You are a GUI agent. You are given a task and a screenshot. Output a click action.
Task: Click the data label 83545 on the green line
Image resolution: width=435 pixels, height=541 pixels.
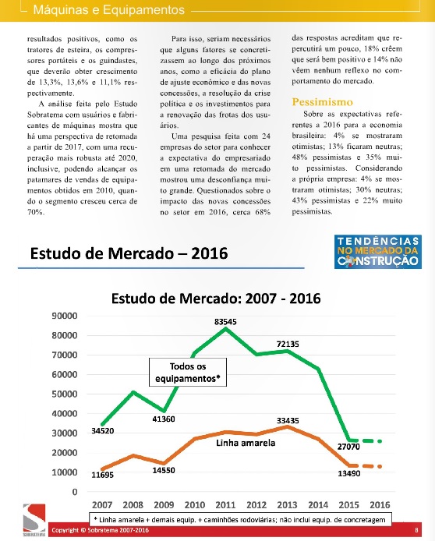225,322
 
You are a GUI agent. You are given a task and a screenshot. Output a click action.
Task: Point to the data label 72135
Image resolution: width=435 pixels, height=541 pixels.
288,344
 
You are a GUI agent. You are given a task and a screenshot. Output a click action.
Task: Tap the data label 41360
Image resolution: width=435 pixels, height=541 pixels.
164,419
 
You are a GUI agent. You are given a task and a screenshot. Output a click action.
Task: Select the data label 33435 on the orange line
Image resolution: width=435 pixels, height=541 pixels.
288,421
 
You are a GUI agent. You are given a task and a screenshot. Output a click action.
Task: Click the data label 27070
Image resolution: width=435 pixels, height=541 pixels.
348,447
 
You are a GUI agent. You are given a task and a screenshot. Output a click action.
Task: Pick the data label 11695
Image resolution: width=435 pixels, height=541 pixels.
102,475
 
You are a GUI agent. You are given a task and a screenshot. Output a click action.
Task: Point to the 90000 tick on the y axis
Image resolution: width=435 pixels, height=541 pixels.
65,316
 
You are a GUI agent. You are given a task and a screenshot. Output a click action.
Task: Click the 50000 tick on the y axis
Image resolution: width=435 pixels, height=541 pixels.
65,394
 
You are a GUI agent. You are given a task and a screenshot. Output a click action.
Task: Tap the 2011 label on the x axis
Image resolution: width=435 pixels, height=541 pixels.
225,505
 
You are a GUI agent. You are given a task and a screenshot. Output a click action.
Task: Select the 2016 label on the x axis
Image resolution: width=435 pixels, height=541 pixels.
380,505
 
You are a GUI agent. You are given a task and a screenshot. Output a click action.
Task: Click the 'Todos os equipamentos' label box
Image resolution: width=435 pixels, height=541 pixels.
188,373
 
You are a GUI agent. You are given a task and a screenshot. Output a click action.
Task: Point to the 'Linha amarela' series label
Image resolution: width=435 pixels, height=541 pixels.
246,443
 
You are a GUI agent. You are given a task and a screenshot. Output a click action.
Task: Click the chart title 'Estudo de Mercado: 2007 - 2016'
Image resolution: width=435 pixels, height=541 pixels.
216,299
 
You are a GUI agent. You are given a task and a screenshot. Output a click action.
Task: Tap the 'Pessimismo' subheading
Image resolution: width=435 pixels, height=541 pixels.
322,102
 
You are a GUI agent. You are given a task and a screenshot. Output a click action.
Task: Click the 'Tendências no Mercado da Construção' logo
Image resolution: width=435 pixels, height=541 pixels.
378,252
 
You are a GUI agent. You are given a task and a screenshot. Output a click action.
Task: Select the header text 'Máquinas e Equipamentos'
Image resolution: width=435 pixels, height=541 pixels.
109,9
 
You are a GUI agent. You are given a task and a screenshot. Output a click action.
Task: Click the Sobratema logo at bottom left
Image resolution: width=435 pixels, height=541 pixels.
34,520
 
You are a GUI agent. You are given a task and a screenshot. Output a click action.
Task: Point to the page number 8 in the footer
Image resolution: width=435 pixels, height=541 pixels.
416,530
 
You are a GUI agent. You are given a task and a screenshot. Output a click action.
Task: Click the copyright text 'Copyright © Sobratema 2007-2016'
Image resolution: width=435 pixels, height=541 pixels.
101,530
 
